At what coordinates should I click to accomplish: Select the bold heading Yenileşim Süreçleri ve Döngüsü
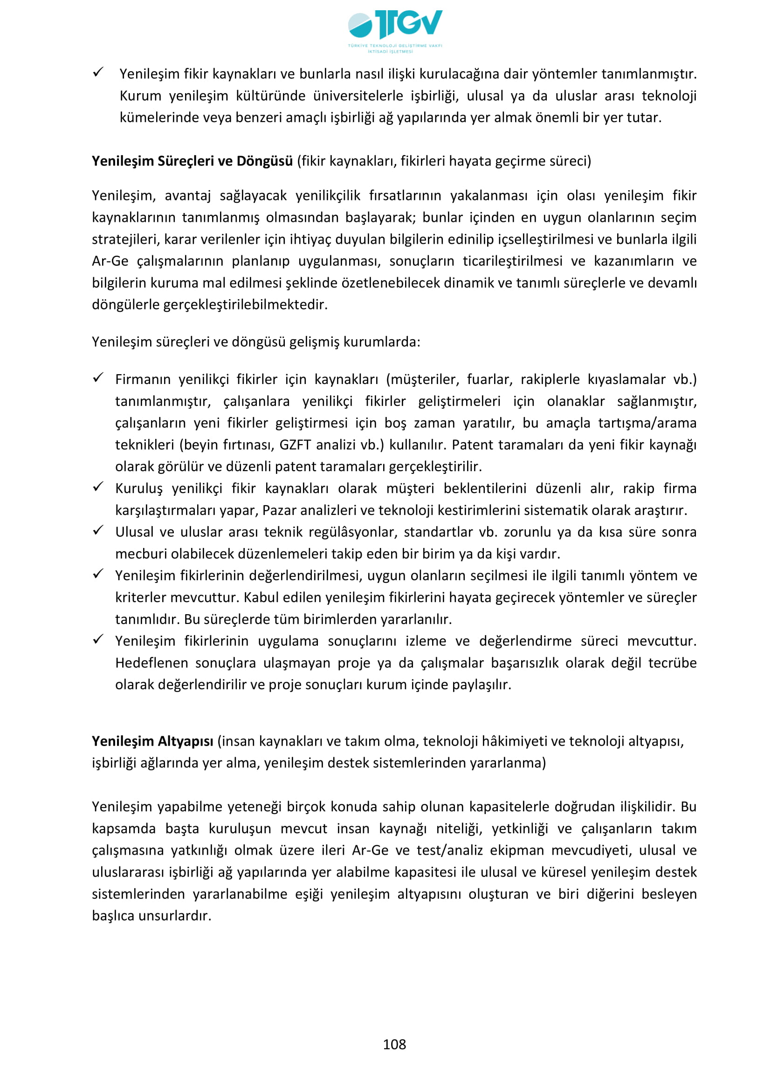coord(192,161)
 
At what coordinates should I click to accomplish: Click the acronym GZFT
coord(295,445)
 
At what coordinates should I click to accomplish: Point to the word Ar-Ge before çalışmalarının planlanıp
coord(110,261)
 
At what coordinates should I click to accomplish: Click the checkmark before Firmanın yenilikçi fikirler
coord(98,377)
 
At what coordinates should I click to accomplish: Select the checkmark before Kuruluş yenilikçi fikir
coord(98,487)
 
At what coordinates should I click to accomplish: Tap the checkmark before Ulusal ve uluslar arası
coord(98,530)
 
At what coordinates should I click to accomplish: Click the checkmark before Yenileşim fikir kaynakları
coord(98,72)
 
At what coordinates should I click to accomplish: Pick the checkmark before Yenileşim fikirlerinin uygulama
coord(98,639)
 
